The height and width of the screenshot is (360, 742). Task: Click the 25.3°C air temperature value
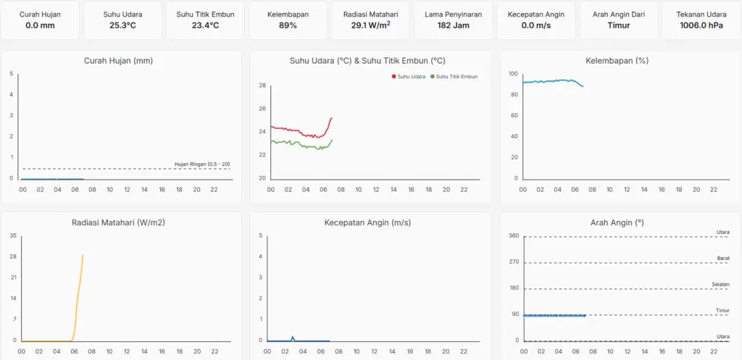pyautogui.click(x=122, y=25)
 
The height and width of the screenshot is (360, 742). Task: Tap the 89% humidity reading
pyautogui.click(x=288, y=25)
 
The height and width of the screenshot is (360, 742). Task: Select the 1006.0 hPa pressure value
pyautogui.click(x=701, y=25)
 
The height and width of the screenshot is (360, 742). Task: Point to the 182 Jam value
pyautogui.click(x=454, y=25)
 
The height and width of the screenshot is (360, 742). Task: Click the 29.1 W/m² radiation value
pyautogui.click(x=371, y=25)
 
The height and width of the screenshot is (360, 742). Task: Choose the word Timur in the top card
pyautogui.click(x=619, y=25)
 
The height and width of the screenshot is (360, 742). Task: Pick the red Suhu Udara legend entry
pyautogui.click(x=408, y=76)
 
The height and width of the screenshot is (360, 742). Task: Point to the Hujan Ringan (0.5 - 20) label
pyautogui.click(x=202, y=164)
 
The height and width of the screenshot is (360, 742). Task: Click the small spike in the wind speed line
pyautogui.click(x=293, y=337)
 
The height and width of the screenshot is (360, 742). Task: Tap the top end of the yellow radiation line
pyautogui.click(x=83, y=255)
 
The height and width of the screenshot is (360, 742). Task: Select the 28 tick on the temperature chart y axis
pyautogui.click(x=262, y=85)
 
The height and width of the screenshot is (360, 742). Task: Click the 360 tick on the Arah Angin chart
pyautogui.click(x=514, y=235)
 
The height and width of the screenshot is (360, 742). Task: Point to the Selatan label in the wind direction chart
pyautogui.click(x=721, y=284)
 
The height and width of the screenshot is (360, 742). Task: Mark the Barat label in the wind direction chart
pyautogui.click(x=723, y=258)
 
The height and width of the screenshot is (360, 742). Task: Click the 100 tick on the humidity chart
pyautogui.click(x=513, y=74)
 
